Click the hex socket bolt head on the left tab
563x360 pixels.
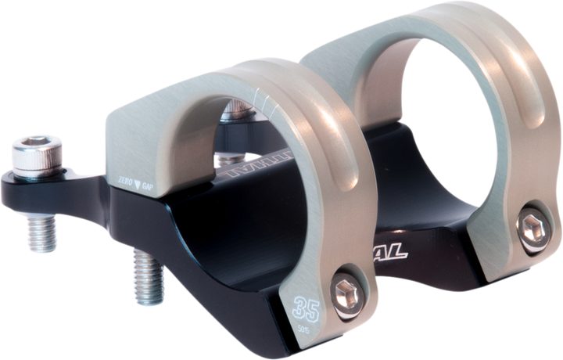coord(33,152)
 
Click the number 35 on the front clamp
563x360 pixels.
coord(307,304)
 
